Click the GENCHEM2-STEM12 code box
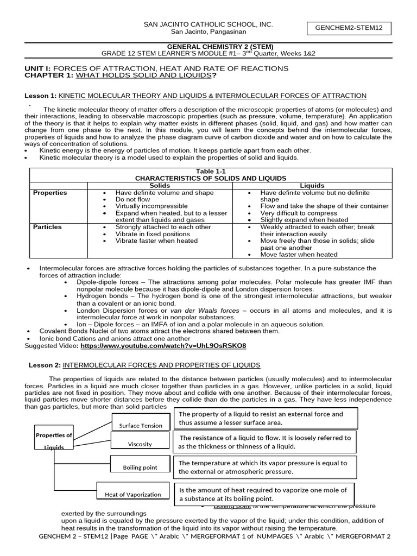point(346,29)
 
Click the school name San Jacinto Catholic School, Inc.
point(208,25)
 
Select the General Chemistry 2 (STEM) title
point(208,46)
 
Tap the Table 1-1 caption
point(210,171)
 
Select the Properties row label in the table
point(50,193)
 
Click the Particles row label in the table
point(48,226)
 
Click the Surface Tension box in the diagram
point(141,425)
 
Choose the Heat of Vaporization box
point(133,494)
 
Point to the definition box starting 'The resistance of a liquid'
point(266,442)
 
